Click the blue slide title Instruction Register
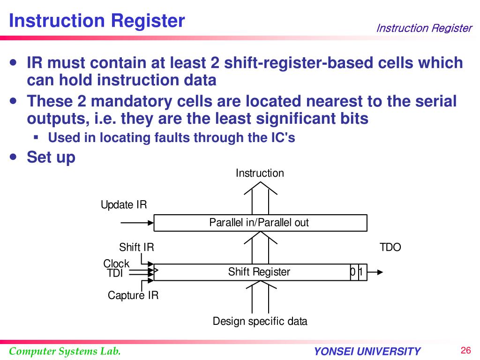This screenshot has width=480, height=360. (x=97, y=21)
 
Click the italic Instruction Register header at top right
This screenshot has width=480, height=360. (x=424, y=28)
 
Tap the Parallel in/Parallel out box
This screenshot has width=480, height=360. (x=260, y=223)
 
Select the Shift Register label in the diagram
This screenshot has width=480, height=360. (x=259, y=272)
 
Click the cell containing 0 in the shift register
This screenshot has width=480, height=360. (x=353, y=272)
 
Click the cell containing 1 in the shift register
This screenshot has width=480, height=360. (x=361, y=272)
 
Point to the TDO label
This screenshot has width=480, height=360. (x=390, y=247)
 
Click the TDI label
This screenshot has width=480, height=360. (x=114, y=274)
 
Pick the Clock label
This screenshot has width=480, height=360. (x=116, y=263)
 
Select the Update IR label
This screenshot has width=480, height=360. (x=124, y=205)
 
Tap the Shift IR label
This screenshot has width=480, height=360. (x=136, y=247)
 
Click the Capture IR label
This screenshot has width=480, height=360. (x=133, y=295)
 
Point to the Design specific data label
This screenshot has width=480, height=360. (x=260, y=321)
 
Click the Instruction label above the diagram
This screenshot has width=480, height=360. (x=260, y=173)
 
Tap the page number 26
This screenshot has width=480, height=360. (x=465, y=351)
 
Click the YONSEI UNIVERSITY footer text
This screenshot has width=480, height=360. (x=367, y=352)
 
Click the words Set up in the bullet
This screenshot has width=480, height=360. (x=51, y=157)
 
